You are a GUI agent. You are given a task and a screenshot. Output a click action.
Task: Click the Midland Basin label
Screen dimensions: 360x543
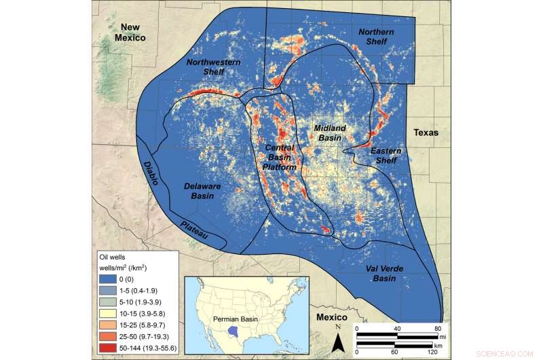[x=330, y=132]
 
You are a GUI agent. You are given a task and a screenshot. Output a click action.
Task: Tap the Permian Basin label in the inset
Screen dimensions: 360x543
[x=232, y=318]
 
